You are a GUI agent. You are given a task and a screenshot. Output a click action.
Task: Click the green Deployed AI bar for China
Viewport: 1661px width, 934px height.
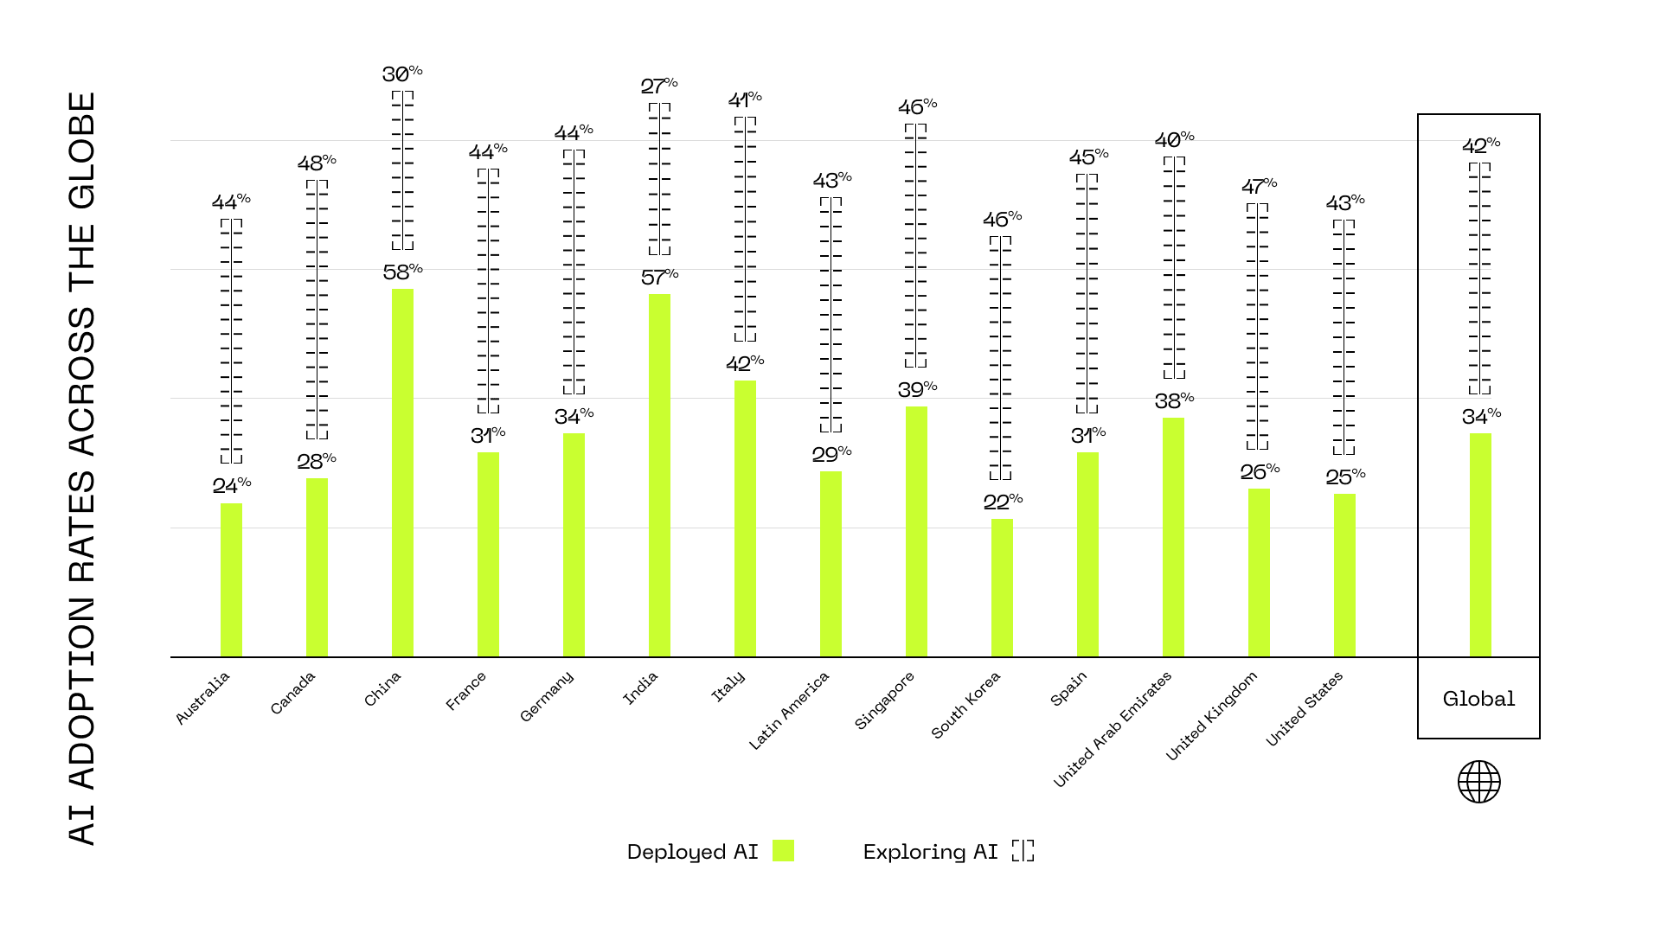click(402, 472)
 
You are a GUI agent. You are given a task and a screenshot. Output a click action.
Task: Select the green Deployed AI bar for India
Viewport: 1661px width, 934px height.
click(659, 475)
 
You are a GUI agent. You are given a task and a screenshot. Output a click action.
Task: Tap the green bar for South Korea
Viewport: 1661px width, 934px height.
click(1002, 587)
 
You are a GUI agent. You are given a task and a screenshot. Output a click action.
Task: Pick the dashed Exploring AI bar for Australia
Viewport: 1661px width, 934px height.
click(231, 341)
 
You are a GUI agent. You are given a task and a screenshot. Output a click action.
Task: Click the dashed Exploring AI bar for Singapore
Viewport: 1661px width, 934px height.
click(915, 246)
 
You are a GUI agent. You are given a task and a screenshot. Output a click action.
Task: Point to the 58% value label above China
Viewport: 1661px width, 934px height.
click(402, 272)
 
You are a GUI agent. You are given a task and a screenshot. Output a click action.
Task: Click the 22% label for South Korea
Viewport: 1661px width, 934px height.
click(1003, 502)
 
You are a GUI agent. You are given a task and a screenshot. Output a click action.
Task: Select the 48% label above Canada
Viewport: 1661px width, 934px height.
click(317, 163)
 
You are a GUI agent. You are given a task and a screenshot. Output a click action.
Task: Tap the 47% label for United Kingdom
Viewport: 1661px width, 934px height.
click(1259, 187)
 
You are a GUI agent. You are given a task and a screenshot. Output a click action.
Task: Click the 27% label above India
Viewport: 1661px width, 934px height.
click(658, 86)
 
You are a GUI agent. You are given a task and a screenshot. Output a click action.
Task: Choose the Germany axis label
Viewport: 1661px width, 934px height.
click(547, 696)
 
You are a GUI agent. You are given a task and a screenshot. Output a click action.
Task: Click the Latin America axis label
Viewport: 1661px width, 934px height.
click(789, 710)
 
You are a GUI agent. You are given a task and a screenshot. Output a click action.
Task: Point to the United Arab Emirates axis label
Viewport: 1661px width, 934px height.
click(1113, 729)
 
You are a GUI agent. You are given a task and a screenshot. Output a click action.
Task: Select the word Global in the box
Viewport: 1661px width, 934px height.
click(1478, 699)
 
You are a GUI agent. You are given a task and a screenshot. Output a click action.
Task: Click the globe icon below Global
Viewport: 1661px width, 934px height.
click(1478, 782)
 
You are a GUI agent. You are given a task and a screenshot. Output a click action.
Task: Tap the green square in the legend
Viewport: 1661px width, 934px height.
click(783, 851)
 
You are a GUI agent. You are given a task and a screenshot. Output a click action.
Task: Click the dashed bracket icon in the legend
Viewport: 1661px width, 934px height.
click(1023, 851)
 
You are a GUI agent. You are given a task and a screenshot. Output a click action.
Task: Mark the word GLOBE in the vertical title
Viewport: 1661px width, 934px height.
click(82, 150)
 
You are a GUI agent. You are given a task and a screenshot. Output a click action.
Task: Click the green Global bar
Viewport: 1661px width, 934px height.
click(1480, 545)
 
